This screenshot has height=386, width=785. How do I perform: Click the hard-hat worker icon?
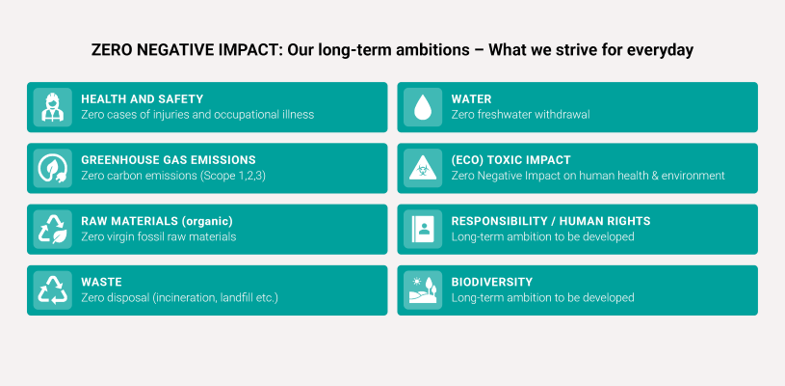coord(52,107)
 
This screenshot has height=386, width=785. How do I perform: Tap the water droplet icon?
coord(423,107)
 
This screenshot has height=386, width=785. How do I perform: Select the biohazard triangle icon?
coord(423,169)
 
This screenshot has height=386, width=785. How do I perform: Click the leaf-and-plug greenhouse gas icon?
coord(53,168)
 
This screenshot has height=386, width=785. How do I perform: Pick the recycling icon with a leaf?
coord(53,229)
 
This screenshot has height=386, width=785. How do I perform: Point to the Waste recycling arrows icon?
coord(53,290)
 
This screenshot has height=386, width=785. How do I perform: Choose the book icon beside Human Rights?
coord(423,229)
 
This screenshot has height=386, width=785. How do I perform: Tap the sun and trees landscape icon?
coord(423,290)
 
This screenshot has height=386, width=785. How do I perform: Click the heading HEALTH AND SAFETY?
coord(143,99)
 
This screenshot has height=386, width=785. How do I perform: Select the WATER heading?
coord(471,99)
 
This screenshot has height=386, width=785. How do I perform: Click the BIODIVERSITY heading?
coord(491,282)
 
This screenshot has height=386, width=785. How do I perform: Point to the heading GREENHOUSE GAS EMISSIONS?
coord(169,160)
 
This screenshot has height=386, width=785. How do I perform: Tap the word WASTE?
coord(101,282)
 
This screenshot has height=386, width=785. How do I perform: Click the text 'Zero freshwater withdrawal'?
coord(521,115)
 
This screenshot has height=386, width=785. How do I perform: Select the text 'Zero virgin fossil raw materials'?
coord(159,236)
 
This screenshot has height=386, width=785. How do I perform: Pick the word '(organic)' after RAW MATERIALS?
coord(207,221)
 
